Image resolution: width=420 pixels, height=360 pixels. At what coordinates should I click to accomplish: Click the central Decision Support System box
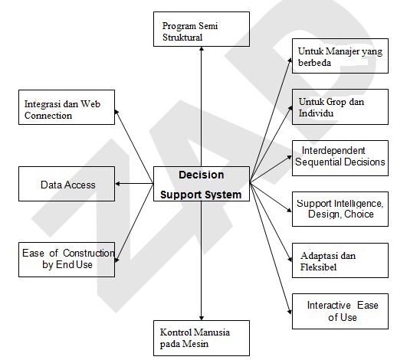coord(202,185)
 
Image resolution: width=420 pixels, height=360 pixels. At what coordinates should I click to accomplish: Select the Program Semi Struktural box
coord(200,30)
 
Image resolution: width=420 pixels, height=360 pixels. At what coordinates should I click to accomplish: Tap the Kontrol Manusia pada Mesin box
coord(200,339)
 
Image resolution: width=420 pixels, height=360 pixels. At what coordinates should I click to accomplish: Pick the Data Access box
coord(67,184)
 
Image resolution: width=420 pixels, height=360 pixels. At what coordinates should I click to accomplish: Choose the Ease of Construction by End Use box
coord(67,259)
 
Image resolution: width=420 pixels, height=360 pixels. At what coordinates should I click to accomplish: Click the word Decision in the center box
coord(202,175)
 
